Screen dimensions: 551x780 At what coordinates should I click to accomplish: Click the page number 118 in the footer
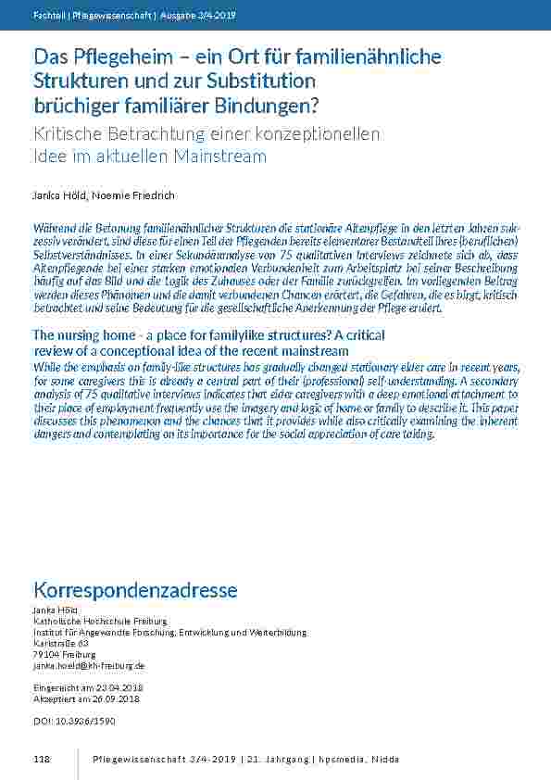coord(41,760)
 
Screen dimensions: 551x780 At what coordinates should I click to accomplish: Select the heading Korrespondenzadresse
coord(135,590)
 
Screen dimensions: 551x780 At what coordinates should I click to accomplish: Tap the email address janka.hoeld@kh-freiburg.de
coord(89,665)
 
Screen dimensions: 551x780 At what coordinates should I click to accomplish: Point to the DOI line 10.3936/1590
coord(69,720)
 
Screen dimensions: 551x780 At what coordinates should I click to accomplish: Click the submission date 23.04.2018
coord(116,688)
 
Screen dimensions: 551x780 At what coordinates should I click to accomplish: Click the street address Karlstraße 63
coord(61,642)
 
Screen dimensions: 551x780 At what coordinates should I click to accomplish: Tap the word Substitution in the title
coord(262,81)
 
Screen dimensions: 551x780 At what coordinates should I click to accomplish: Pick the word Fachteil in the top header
coord(47,15)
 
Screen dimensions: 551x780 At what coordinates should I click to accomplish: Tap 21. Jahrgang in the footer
coord(276,760)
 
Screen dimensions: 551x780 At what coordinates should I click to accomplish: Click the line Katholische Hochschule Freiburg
coord(100,621)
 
